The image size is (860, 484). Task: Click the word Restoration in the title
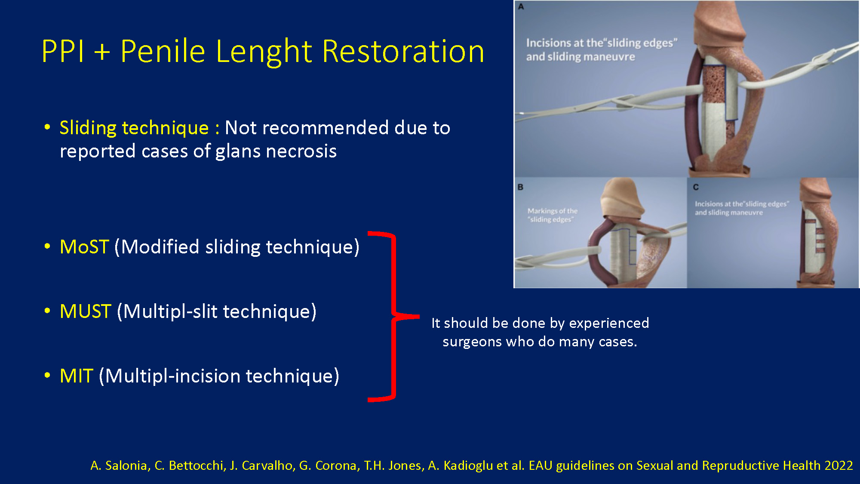[403, 51]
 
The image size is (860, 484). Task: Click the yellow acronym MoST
[84, 247]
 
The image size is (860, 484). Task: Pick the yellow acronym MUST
[86, 311]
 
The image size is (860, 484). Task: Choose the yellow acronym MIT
[77, 376]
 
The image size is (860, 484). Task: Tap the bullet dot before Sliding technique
[47, 127]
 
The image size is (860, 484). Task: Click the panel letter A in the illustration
[521, 7]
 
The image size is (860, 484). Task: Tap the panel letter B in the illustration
[520, 187]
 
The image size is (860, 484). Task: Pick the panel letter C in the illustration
[696, 187]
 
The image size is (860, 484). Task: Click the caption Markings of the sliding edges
[553, 215]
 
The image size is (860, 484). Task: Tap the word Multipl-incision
[173, 376]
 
